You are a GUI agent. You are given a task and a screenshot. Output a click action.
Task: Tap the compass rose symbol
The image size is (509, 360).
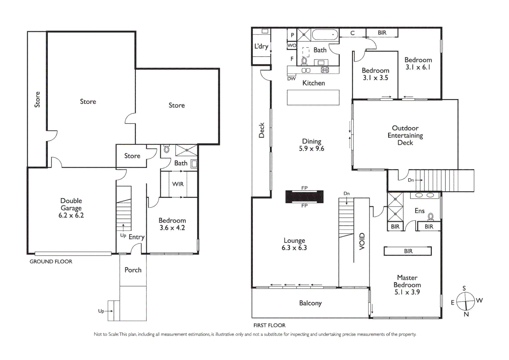coord(465,301)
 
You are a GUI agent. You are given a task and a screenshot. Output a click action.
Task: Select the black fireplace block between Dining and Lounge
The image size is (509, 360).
coord(304,197)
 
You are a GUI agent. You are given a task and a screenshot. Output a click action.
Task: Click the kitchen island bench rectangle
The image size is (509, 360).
coord(313,98)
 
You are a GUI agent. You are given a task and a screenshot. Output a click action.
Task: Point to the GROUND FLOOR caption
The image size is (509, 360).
coord(51,262)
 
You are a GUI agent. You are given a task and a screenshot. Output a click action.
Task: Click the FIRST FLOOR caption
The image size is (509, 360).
coord(269,325)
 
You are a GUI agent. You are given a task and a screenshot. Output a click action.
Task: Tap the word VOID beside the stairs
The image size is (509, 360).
coord(362,241)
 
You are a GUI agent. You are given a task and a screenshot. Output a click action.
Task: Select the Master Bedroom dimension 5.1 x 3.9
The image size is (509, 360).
coord(407,292)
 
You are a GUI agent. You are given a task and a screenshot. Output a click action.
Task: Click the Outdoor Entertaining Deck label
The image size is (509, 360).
coord(405,135)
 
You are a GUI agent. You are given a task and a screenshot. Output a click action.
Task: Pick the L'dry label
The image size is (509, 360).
coord(261,46)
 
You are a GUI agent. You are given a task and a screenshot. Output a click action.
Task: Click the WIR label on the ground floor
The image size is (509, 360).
coord(178,184)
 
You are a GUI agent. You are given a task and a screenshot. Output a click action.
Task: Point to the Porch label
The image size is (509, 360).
coord(133,270)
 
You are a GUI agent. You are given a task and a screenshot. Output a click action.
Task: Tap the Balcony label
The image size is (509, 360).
coord(310,303)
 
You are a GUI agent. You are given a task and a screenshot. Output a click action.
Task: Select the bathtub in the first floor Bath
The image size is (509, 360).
coord(325,35)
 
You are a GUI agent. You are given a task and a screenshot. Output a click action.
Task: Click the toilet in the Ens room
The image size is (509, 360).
coord(430,217)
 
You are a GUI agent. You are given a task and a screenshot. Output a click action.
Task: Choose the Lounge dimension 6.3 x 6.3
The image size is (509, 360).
coord(294,248)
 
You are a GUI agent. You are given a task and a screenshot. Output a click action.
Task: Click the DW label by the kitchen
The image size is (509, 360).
coord(291,79)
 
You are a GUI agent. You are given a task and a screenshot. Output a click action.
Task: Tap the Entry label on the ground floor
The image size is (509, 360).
coord(137,237)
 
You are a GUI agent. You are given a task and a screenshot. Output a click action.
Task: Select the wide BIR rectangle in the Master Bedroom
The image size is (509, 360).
coord(408,251)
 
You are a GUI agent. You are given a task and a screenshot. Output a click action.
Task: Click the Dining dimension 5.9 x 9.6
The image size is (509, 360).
coord(311,149)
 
